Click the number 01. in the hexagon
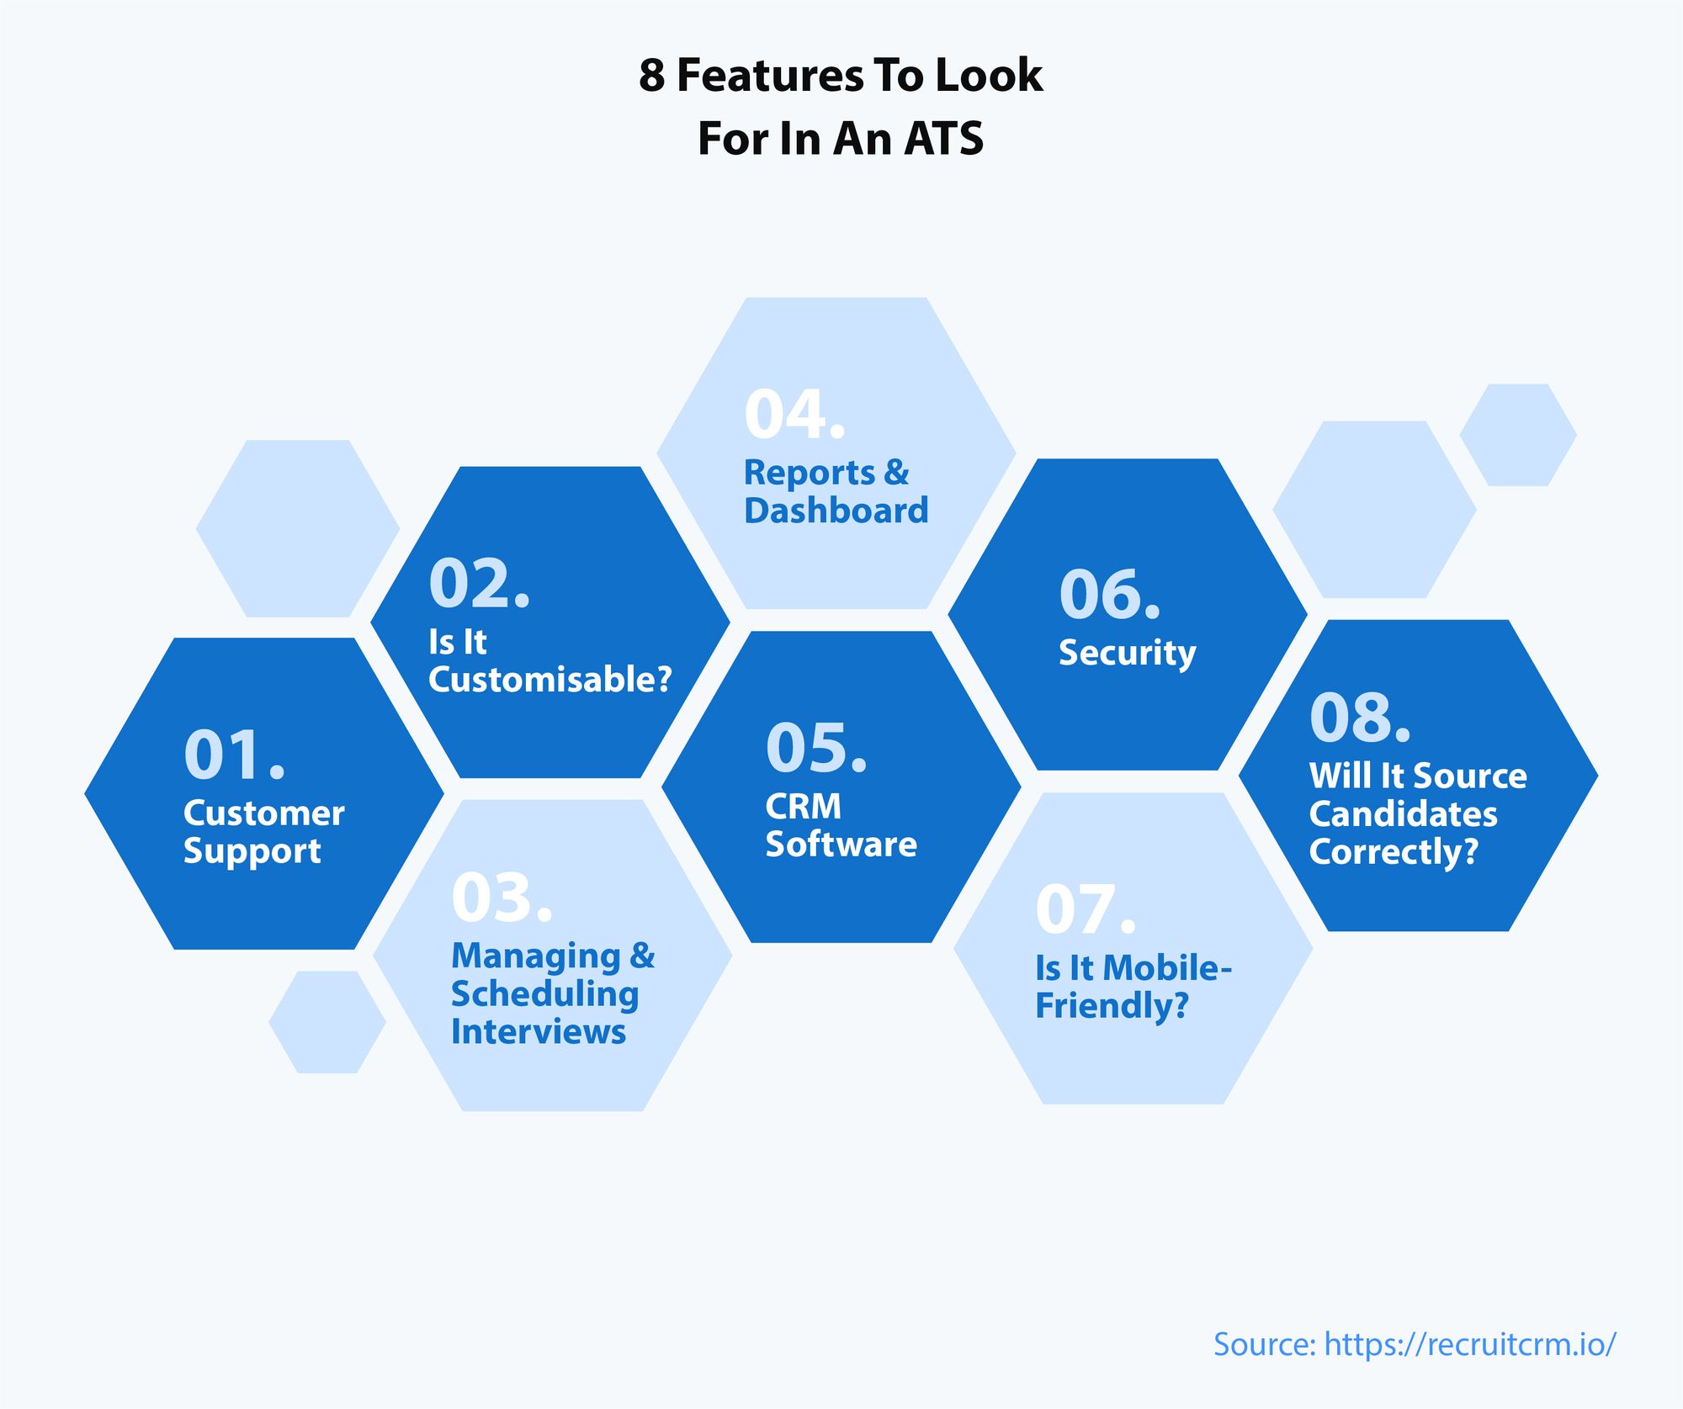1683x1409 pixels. (235, 755)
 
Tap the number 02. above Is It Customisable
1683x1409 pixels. (480, 583)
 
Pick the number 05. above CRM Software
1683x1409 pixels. (816, 747)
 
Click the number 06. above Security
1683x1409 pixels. (1110, 594)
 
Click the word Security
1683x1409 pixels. (1127, 654)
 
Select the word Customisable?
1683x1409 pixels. (550, 680)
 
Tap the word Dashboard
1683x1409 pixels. (836, 511)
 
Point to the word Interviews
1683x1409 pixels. (539, 1031)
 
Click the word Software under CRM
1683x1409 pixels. (841, 844)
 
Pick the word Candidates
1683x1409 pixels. (1404, 814)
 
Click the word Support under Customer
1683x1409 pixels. (252, 852)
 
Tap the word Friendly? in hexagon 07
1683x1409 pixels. (1112, 1006)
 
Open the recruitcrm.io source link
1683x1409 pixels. (1470, 1344)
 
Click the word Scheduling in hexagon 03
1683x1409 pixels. (545, 994)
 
